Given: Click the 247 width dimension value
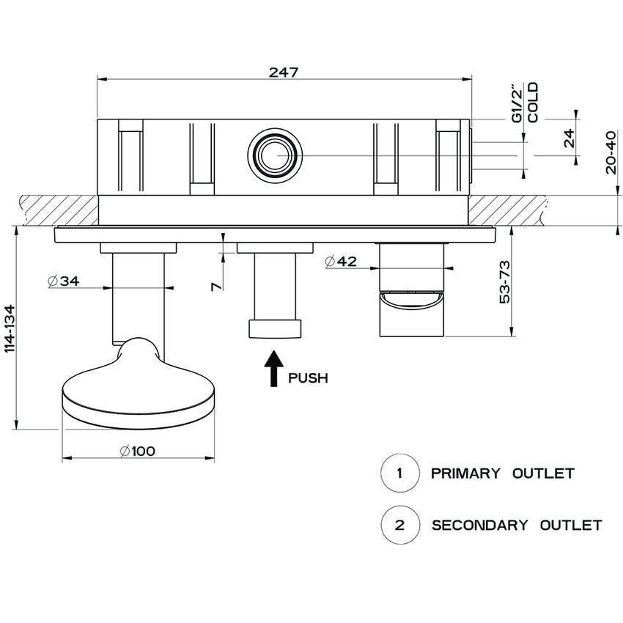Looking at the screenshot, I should coord(283,72).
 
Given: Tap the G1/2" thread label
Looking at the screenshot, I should coord(517,103).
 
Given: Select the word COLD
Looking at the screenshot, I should coord(533,103).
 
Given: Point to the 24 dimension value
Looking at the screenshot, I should coord(569,138).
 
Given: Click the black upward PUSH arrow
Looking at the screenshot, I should coord(273,368).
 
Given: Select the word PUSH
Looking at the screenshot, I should coord(308,379).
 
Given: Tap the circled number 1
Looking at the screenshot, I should coord(399,473).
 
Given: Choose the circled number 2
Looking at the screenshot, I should coord(399,525).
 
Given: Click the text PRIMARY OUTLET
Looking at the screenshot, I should coord(502,473).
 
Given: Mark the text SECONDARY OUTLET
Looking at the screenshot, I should coord(517,526).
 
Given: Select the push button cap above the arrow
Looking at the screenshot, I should coord(276,328).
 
